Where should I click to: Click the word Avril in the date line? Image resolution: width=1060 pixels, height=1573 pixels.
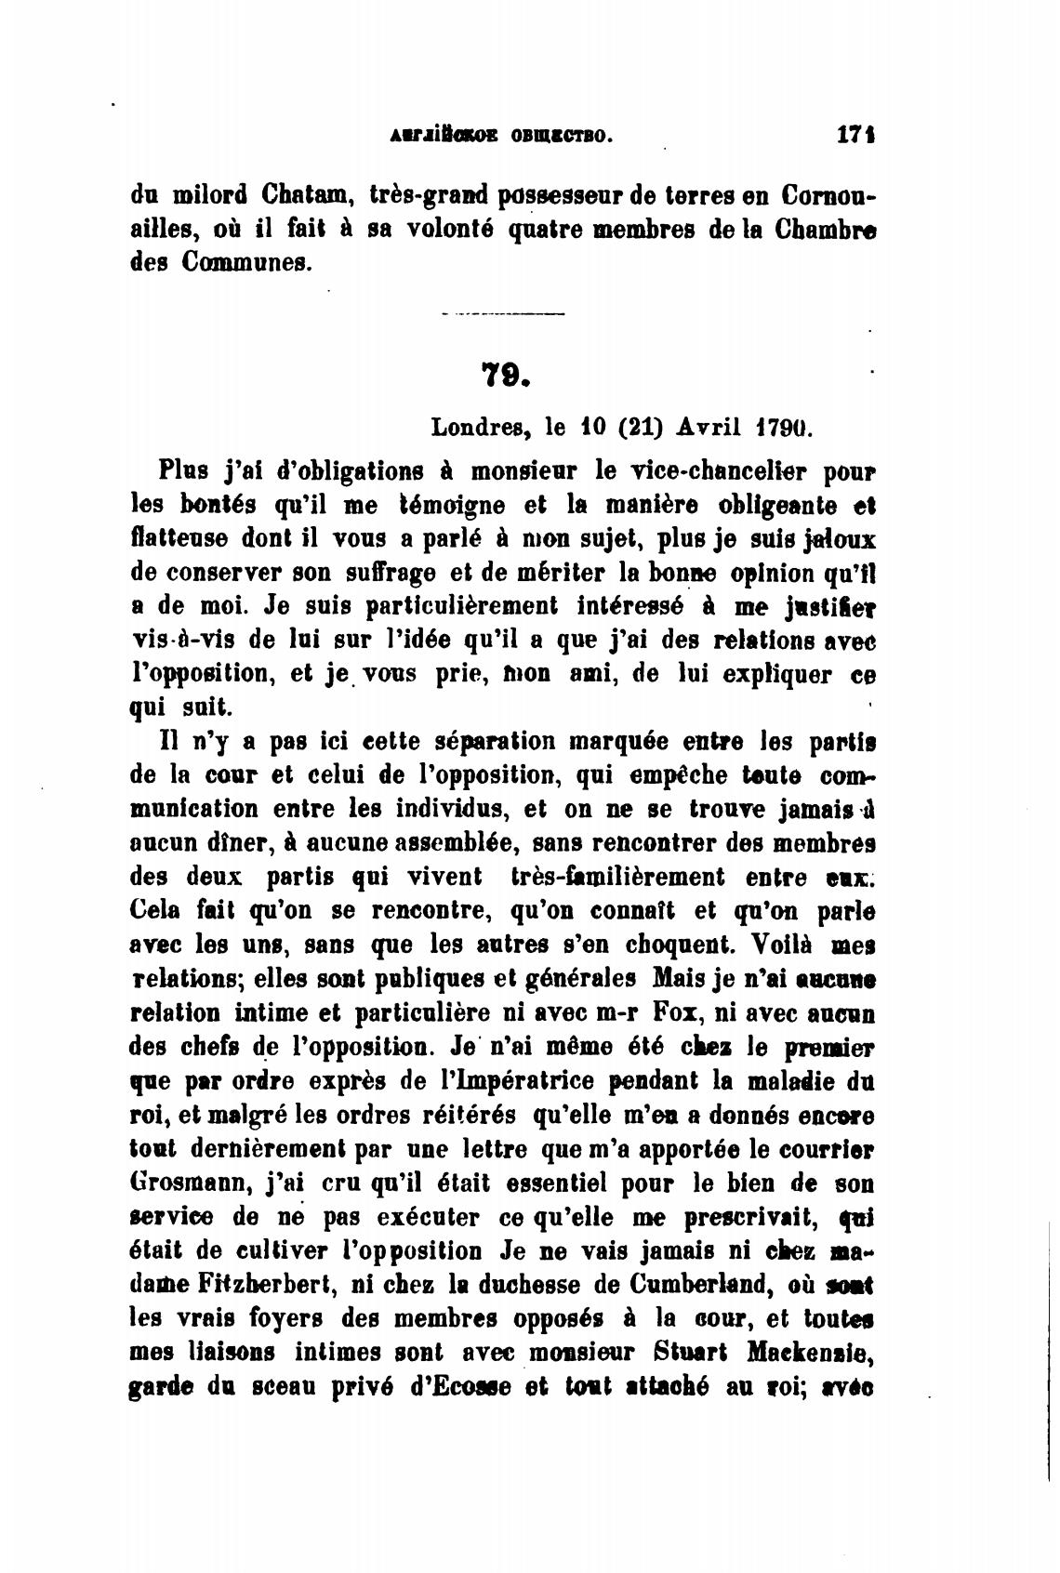709,428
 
